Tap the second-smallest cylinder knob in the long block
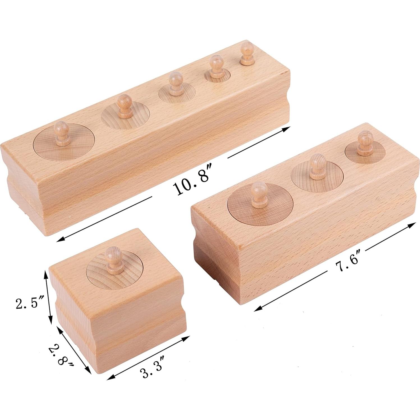[x=215, y=63]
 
